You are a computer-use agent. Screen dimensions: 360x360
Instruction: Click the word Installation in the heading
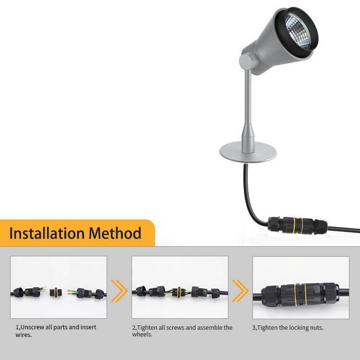pos(47,234)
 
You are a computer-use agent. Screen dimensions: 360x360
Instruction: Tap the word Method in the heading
pos(115,234)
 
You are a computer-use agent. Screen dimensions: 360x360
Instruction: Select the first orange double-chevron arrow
pos(119,291)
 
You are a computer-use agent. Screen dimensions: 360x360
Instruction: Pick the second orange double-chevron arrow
pos(240,291)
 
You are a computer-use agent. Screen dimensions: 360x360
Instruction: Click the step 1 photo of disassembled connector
pos(59,288)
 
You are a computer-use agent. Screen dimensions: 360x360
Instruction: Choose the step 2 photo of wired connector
pos(180,288)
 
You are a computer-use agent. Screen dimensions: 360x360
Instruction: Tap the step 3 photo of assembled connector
pos(301,288)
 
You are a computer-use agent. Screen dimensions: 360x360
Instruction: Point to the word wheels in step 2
pos(142,335)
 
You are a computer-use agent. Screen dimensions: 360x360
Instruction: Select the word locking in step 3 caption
pos(297,327)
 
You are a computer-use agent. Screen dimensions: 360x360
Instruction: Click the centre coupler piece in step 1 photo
pos(57,291)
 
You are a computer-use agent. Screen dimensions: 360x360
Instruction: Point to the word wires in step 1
pos(23,335)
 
